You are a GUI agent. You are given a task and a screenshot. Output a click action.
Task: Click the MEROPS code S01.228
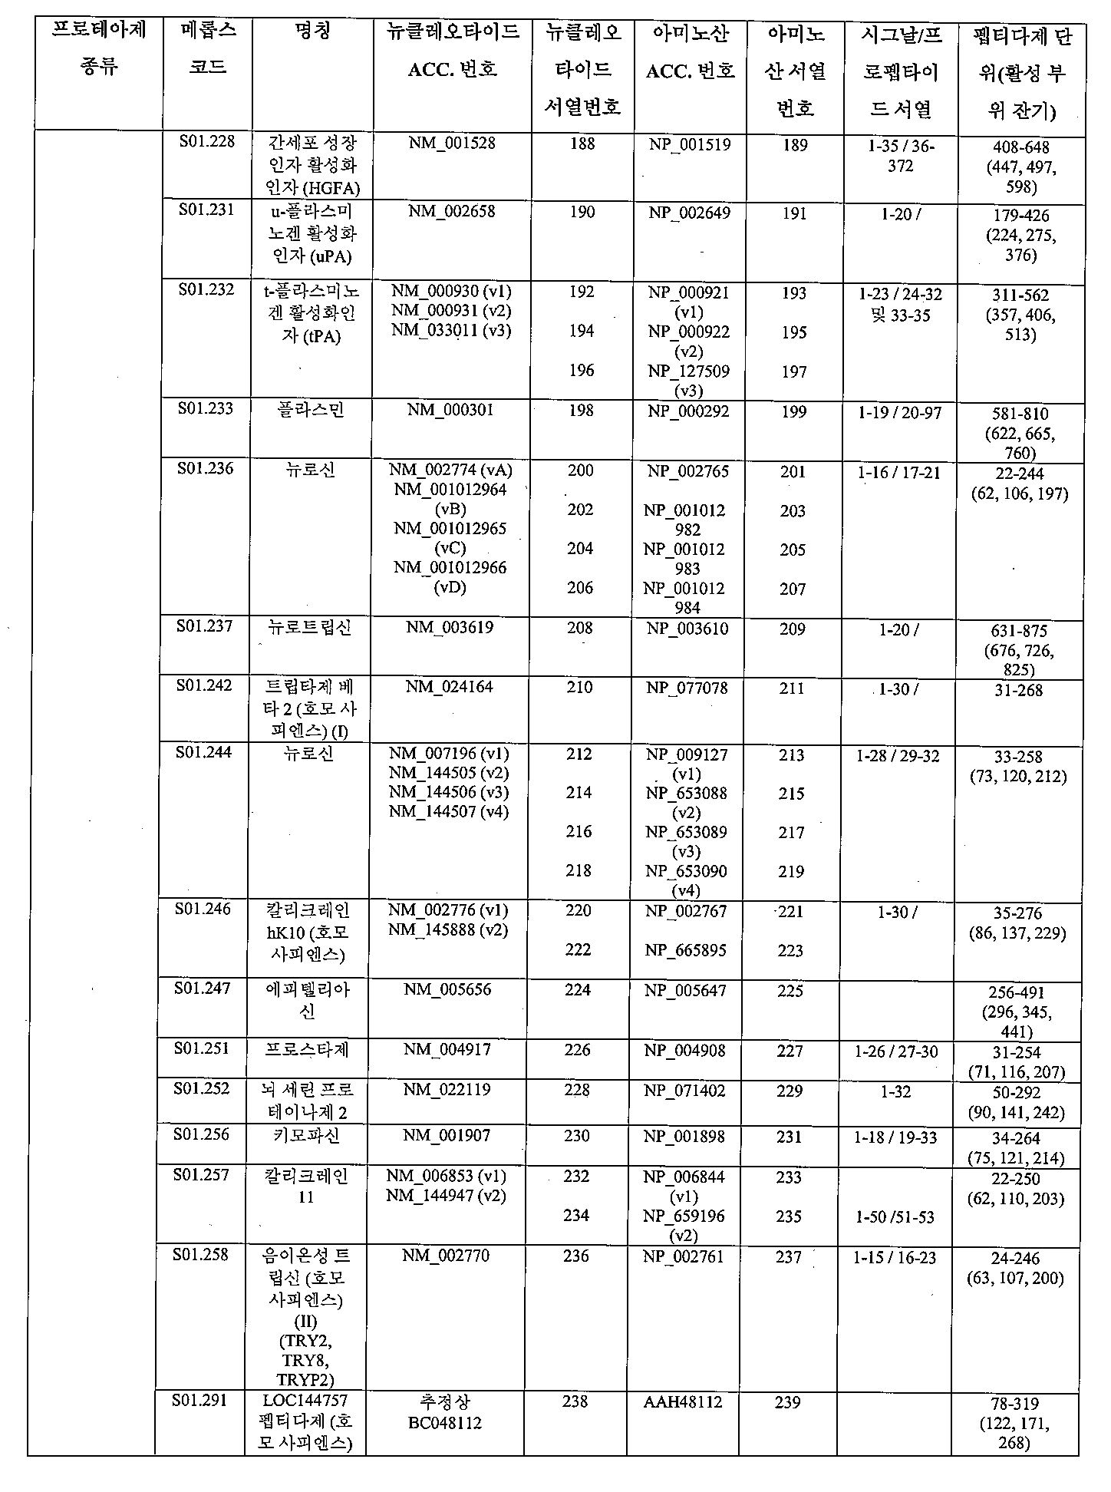click(x=206, y=142)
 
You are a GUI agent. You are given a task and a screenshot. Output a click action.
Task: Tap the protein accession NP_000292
click(x=688, y=411)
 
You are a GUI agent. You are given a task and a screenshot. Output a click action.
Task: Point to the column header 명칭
click(x=312, y=33)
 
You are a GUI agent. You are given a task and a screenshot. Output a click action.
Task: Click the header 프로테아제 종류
click(x=98, y=48)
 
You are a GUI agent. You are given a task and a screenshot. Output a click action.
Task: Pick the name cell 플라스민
click(x=311, y=410)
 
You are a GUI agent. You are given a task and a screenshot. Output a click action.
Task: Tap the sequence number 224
click(x=577, y=989)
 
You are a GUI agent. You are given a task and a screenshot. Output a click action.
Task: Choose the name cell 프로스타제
click(x=307, y=1049)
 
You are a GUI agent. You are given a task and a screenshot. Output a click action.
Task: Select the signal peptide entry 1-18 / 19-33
click(x=895, y=1137)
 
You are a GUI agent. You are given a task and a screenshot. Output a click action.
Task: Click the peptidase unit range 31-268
click(x=1018, y=690)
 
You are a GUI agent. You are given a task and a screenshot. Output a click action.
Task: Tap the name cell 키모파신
click(x=306, y=1135)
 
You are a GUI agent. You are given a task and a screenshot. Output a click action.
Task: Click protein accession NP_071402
click(x=684, y=1091)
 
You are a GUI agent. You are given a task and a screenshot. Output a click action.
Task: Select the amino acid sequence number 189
click(x=795, y=145)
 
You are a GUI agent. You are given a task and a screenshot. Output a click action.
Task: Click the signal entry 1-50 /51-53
click(x=895, y=1217)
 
